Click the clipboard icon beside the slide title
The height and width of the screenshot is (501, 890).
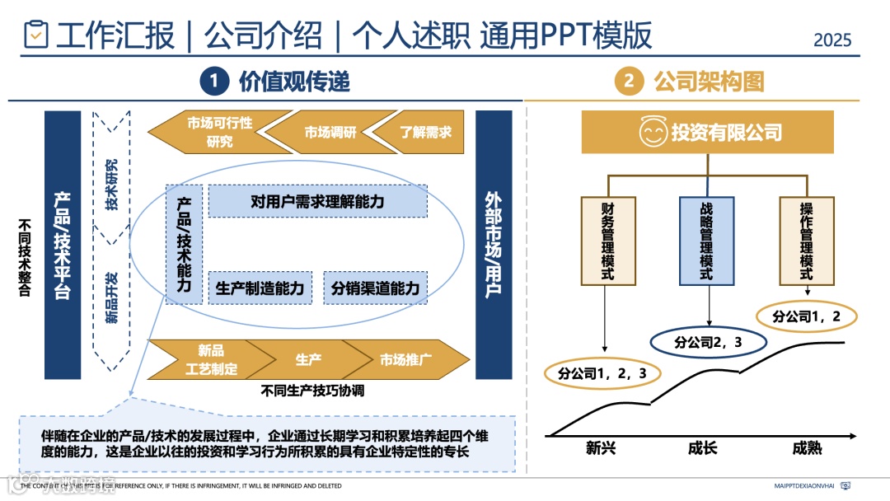point(36,35)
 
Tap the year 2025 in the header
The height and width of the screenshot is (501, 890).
point(831,40)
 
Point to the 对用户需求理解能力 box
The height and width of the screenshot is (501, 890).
point(317,201)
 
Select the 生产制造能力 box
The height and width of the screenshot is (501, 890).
point(260,288)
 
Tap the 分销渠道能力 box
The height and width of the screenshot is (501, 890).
point(375,288)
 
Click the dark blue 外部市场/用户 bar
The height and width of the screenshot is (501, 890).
point(494,245)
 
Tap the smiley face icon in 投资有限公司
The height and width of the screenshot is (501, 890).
point(653,132)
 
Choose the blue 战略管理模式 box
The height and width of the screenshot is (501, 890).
point(706,241)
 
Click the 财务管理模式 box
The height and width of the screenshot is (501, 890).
point(608,241)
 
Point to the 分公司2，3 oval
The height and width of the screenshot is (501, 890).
point(709,341)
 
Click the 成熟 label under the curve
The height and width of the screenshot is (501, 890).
point(807,448)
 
